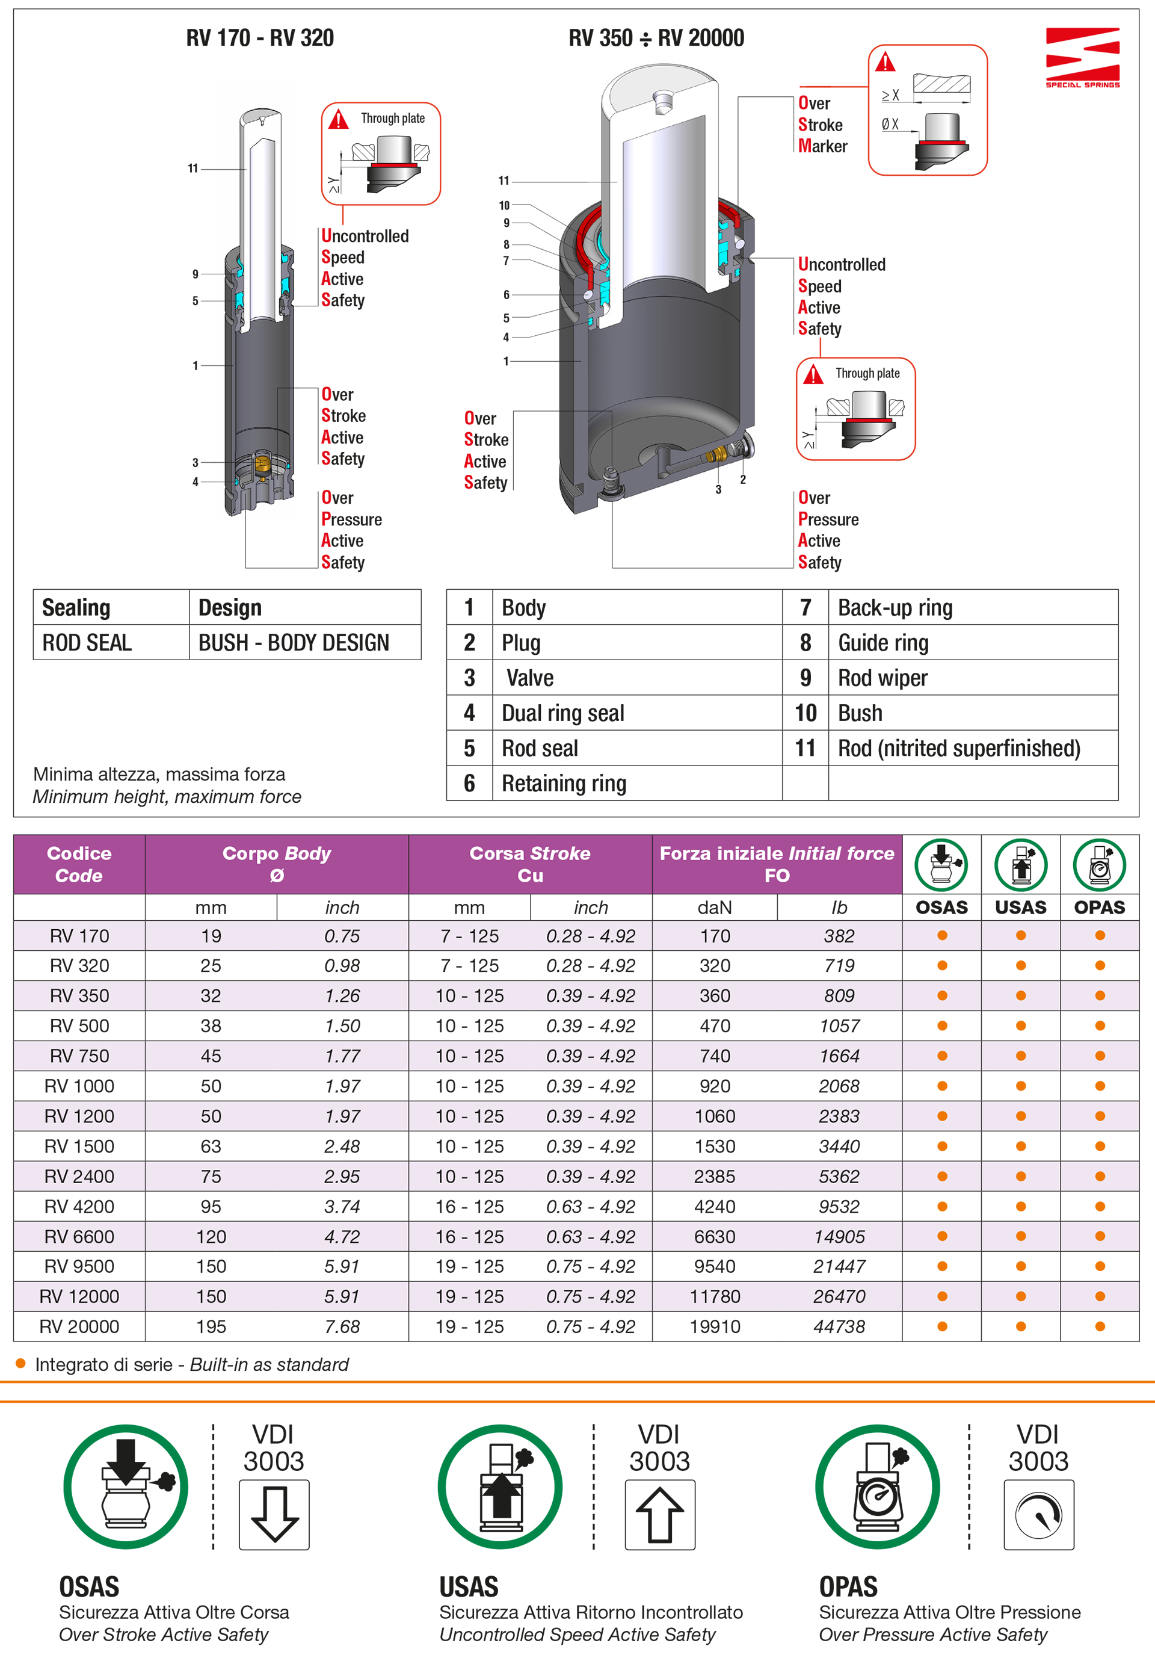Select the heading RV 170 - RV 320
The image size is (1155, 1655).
(259, 37)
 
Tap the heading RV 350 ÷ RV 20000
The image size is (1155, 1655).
(656, 37)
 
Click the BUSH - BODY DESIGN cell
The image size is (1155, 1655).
(294, 642)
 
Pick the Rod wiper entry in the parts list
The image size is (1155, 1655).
(882, 678)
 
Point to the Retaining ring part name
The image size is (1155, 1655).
(564, 784)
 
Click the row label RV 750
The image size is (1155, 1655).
(79, 1056)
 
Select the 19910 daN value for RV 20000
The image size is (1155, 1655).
(715, 1326)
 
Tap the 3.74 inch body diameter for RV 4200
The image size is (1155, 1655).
(342, 1207)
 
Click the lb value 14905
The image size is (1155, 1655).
(839, 1237)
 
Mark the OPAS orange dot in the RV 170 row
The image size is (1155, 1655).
(1100, 936)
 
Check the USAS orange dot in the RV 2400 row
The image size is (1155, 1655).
(1020, 1177)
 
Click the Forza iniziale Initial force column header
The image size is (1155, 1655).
(777, 864)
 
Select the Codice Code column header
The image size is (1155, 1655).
(79, 864)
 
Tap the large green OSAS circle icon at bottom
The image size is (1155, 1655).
(126, 1486)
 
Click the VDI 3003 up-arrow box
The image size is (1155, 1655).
(659, 1514)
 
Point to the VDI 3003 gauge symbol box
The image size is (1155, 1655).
(1038, 1514)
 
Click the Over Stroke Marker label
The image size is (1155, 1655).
(822, 125)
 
